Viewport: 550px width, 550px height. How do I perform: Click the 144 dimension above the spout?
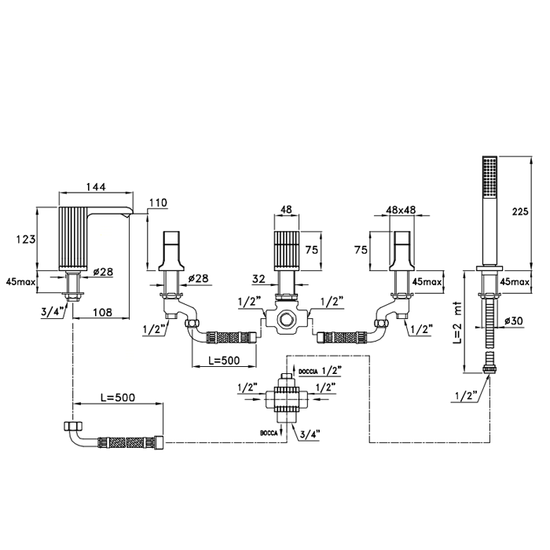(96, 187)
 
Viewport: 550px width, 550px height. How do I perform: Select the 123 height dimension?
(26, 239)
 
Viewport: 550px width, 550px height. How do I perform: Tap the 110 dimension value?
(158, 203)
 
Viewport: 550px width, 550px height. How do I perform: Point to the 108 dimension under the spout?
(103, 312)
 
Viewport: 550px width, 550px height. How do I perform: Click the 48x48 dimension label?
(401, 210)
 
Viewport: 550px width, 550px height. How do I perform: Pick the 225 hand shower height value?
(520, 211)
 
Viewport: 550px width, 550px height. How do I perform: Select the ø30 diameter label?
(514, 321)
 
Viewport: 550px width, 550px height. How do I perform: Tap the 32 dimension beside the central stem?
(258, 278)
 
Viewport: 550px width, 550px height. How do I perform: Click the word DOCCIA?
(308, 371)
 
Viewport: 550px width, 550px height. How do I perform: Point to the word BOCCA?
(269, 433)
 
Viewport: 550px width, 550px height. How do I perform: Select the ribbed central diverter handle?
(287, 251)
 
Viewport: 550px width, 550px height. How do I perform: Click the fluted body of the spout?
(74, 238)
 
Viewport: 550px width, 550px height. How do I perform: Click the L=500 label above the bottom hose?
(118, 398)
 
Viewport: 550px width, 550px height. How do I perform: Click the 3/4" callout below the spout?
(53, 312)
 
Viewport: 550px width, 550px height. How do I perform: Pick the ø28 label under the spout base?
(103, 272)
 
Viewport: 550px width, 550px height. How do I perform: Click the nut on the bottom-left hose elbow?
(73, 426)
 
